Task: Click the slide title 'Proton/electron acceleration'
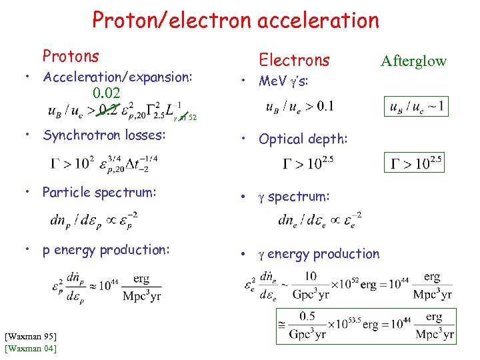pos(235,21)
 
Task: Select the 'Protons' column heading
pos(71,57)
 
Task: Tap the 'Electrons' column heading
pos(294,60)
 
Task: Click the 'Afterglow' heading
pos(413,61)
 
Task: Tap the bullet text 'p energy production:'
pos(106,250)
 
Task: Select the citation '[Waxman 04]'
pos(30,348)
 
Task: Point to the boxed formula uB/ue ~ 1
pos(414,105)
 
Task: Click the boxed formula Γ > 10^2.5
pos(414,161)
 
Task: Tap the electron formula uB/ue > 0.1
pos(300,106)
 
